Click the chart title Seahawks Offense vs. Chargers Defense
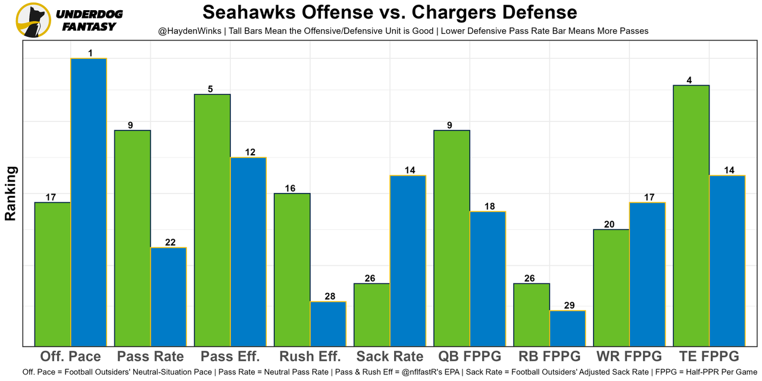390,13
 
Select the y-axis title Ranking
11,193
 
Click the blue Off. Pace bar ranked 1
89,202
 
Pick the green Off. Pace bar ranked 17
53,274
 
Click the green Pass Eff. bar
213,220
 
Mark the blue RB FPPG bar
567,328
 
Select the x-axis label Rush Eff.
310,357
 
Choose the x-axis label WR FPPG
629,357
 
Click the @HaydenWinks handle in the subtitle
185,30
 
